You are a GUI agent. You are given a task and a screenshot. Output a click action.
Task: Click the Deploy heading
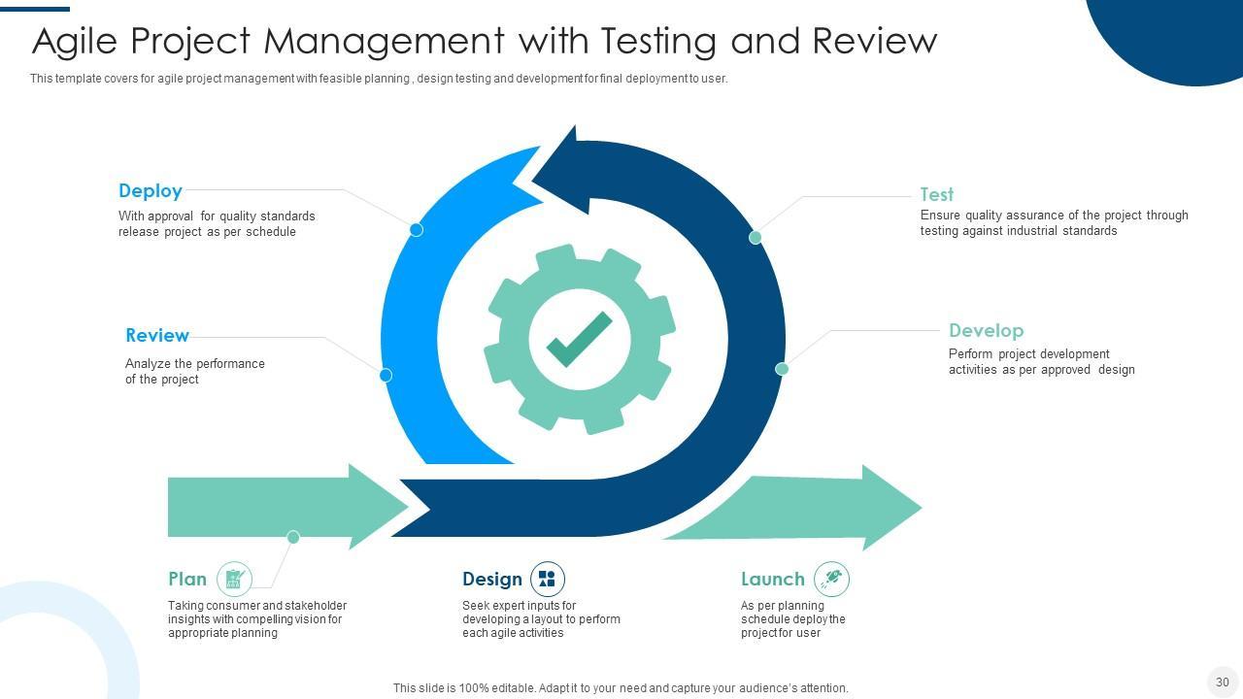point(151,191)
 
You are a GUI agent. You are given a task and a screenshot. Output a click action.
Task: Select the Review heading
point(157,336)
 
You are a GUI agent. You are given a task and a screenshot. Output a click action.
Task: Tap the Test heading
point(936,194)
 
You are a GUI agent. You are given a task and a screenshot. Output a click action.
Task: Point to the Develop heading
point(986,331)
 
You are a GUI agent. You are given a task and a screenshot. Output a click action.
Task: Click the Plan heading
point(187,580)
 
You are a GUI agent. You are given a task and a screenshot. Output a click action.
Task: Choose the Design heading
point(491,580)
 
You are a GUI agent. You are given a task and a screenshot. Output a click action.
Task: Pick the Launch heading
point(772,580)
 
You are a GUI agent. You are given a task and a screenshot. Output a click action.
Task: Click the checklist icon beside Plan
point(234,580)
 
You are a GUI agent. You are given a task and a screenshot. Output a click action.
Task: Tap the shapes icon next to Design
point(547,580)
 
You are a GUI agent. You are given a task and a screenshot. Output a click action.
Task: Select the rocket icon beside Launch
point(831,580)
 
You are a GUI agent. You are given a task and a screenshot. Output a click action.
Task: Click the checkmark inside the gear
point(579,339)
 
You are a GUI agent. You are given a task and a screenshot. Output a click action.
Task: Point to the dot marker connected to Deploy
point(416,230)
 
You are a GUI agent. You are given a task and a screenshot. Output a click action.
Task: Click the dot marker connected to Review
point(386,375)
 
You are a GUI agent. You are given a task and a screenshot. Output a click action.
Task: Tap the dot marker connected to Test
point(756,237)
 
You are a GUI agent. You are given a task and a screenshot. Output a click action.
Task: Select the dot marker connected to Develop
point(782,369)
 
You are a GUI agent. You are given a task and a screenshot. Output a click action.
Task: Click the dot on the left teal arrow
point(293,537)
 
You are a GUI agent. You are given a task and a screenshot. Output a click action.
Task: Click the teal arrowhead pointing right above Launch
point(889,507)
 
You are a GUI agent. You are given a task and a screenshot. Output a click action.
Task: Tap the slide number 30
point(1222,682)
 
